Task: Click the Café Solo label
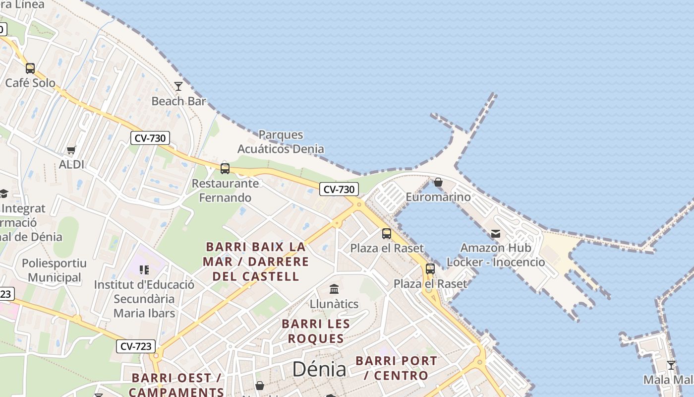30,83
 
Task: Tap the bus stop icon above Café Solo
30,68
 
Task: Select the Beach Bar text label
178,101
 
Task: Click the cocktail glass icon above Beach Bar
178,86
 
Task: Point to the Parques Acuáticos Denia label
281,141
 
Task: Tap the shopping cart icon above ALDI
71,150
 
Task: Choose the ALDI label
71,164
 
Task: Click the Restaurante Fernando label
225,191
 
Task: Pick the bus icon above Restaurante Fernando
225,169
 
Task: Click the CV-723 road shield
136,346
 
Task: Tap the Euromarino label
438,197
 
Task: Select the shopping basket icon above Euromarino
438,182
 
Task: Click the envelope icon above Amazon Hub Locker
495,234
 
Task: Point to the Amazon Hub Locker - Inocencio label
496,255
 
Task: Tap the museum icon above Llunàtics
334,289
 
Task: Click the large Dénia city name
319,369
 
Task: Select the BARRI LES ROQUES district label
316,331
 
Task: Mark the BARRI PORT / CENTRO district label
396,368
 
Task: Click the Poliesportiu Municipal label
54,270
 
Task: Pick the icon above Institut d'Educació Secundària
144,270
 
